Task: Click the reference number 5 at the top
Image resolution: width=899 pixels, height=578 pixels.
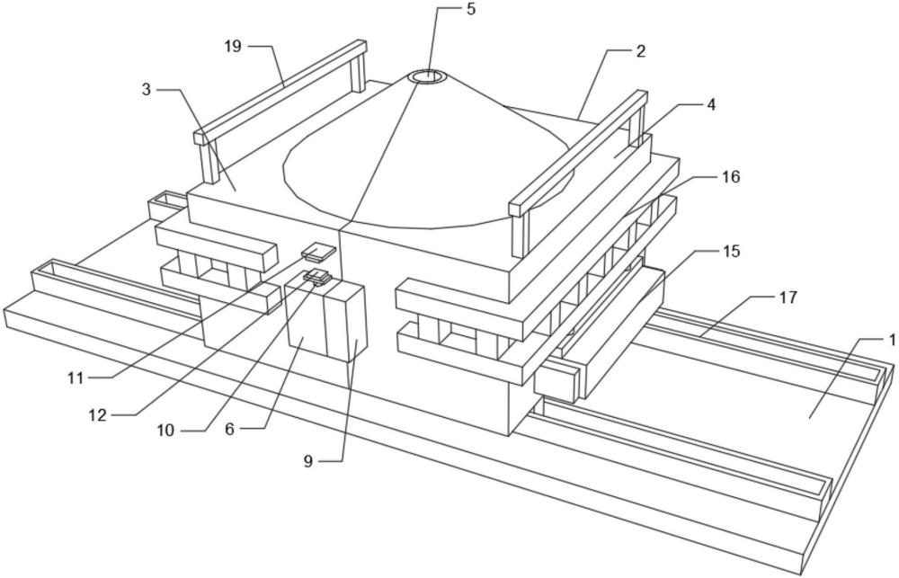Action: [x=470, y=10]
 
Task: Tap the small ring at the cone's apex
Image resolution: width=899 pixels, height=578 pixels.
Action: [x=427, y=76]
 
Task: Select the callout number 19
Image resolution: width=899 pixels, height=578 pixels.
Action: [x=233, y=46]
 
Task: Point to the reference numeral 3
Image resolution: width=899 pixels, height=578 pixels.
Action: [x=146, y=90]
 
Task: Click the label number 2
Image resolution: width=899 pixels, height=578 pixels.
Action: [x=639, y=51]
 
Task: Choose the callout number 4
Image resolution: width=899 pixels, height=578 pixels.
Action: [x=710, y=104]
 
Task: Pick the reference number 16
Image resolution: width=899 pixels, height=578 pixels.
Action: [x=730, y=177]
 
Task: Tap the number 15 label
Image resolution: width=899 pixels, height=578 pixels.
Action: [x=730, y=251]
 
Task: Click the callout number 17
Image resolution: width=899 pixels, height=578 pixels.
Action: [x=787, y=298]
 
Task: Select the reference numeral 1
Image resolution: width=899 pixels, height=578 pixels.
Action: [x=892, y=340]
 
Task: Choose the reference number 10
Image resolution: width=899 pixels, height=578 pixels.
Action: [x=165, y=431]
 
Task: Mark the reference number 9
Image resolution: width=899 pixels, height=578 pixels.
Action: [x=308, y=461]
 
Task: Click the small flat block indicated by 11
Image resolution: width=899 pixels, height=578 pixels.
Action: [x=318, y=251]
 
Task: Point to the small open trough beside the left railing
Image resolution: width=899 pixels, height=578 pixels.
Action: [x=165, y=205]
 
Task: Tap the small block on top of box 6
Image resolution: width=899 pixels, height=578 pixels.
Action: [x=317, y=277]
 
